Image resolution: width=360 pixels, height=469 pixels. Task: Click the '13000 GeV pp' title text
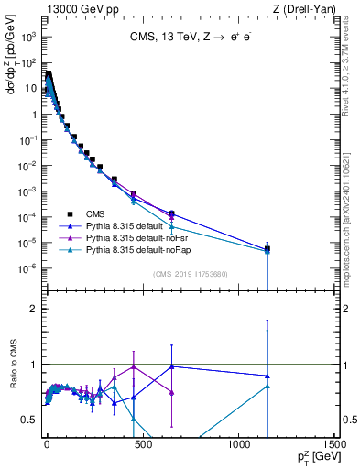(x=79, y=8)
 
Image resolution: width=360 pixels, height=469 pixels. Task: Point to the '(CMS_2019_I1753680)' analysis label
(x=190, y=273)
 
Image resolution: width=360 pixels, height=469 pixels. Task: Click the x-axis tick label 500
(x=142, y=442)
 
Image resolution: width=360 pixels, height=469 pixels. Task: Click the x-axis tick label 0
(x=47, y=442)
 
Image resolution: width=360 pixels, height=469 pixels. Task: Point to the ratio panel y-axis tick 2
(x=34, y=309)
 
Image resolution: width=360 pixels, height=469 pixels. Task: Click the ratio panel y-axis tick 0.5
(x=29, y=420)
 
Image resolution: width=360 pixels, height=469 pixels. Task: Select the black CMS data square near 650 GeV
(x=171, y=213)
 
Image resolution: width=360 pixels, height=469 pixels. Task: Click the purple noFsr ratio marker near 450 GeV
(x=133, y=366)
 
